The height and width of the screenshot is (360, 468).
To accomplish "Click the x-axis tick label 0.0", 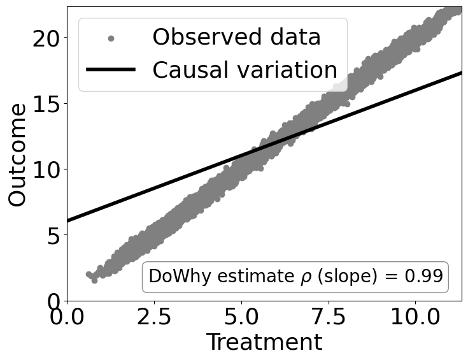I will pos(67,317).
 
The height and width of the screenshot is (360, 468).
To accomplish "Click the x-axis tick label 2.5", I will pos(154,317).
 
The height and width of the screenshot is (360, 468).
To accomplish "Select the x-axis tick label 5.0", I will pos(241,317).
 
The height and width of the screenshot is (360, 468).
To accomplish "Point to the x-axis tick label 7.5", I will pos(329,317).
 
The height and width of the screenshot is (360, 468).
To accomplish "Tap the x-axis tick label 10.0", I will pos(415,317).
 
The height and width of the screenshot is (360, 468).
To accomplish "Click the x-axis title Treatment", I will pos(264,343).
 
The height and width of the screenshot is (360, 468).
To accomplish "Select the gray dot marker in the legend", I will pos(111,38).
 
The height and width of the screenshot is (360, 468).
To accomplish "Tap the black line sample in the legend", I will pos(111,70).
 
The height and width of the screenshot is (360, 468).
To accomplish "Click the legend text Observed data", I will pos(236,38).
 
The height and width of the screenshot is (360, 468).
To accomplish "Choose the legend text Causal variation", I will pos(245,70).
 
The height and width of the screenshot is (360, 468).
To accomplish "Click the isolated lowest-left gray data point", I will pos(89,274).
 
